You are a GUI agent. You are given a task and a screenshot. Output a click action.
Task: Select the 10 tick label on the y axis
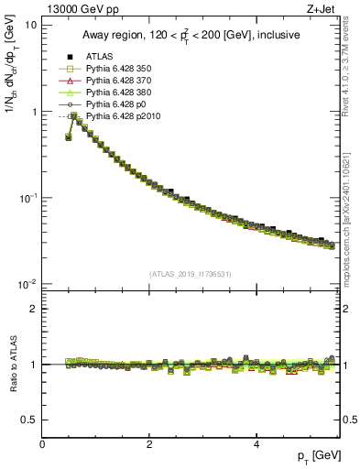(x=30, y=25)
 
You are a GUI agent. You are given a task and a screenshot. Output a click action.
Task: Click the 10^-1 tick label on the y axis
(x=27, y=197)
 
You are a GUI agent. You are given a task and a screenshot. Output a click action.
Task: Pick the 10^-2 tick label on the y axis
(x=27, y=284)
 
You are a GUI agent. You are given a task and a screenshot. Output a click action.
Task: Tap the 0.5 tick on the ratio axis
(x=29, y=420)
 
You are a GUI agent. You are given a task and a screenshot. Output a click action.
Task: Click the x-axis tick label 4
(x=256, y=444)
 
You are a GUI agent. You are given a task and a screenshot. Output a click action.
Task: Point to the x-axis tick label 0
(x=42, y=444)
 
